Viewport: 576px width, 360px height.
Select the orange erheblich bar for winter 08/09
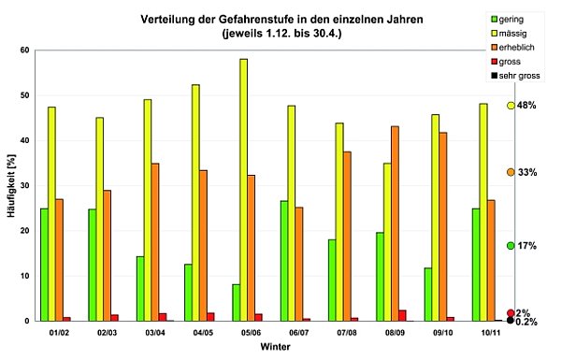click(395, 223)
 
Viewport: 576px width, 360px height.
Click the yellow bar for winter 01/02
click(50, 214)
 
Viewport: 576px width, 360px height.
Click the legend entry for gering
click(512, 19)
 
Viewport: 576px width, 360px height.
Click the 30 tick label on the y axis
click(25, 186)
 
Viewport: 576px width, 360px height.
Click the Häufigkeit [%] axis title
click(10, 186)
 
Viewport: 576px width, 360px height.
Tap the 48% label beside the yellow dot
click(526, 106)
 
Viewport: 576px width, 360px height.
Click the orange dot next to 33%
click(511, 173)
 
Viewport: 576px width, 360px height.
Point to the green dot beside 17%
click(511, 246)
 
